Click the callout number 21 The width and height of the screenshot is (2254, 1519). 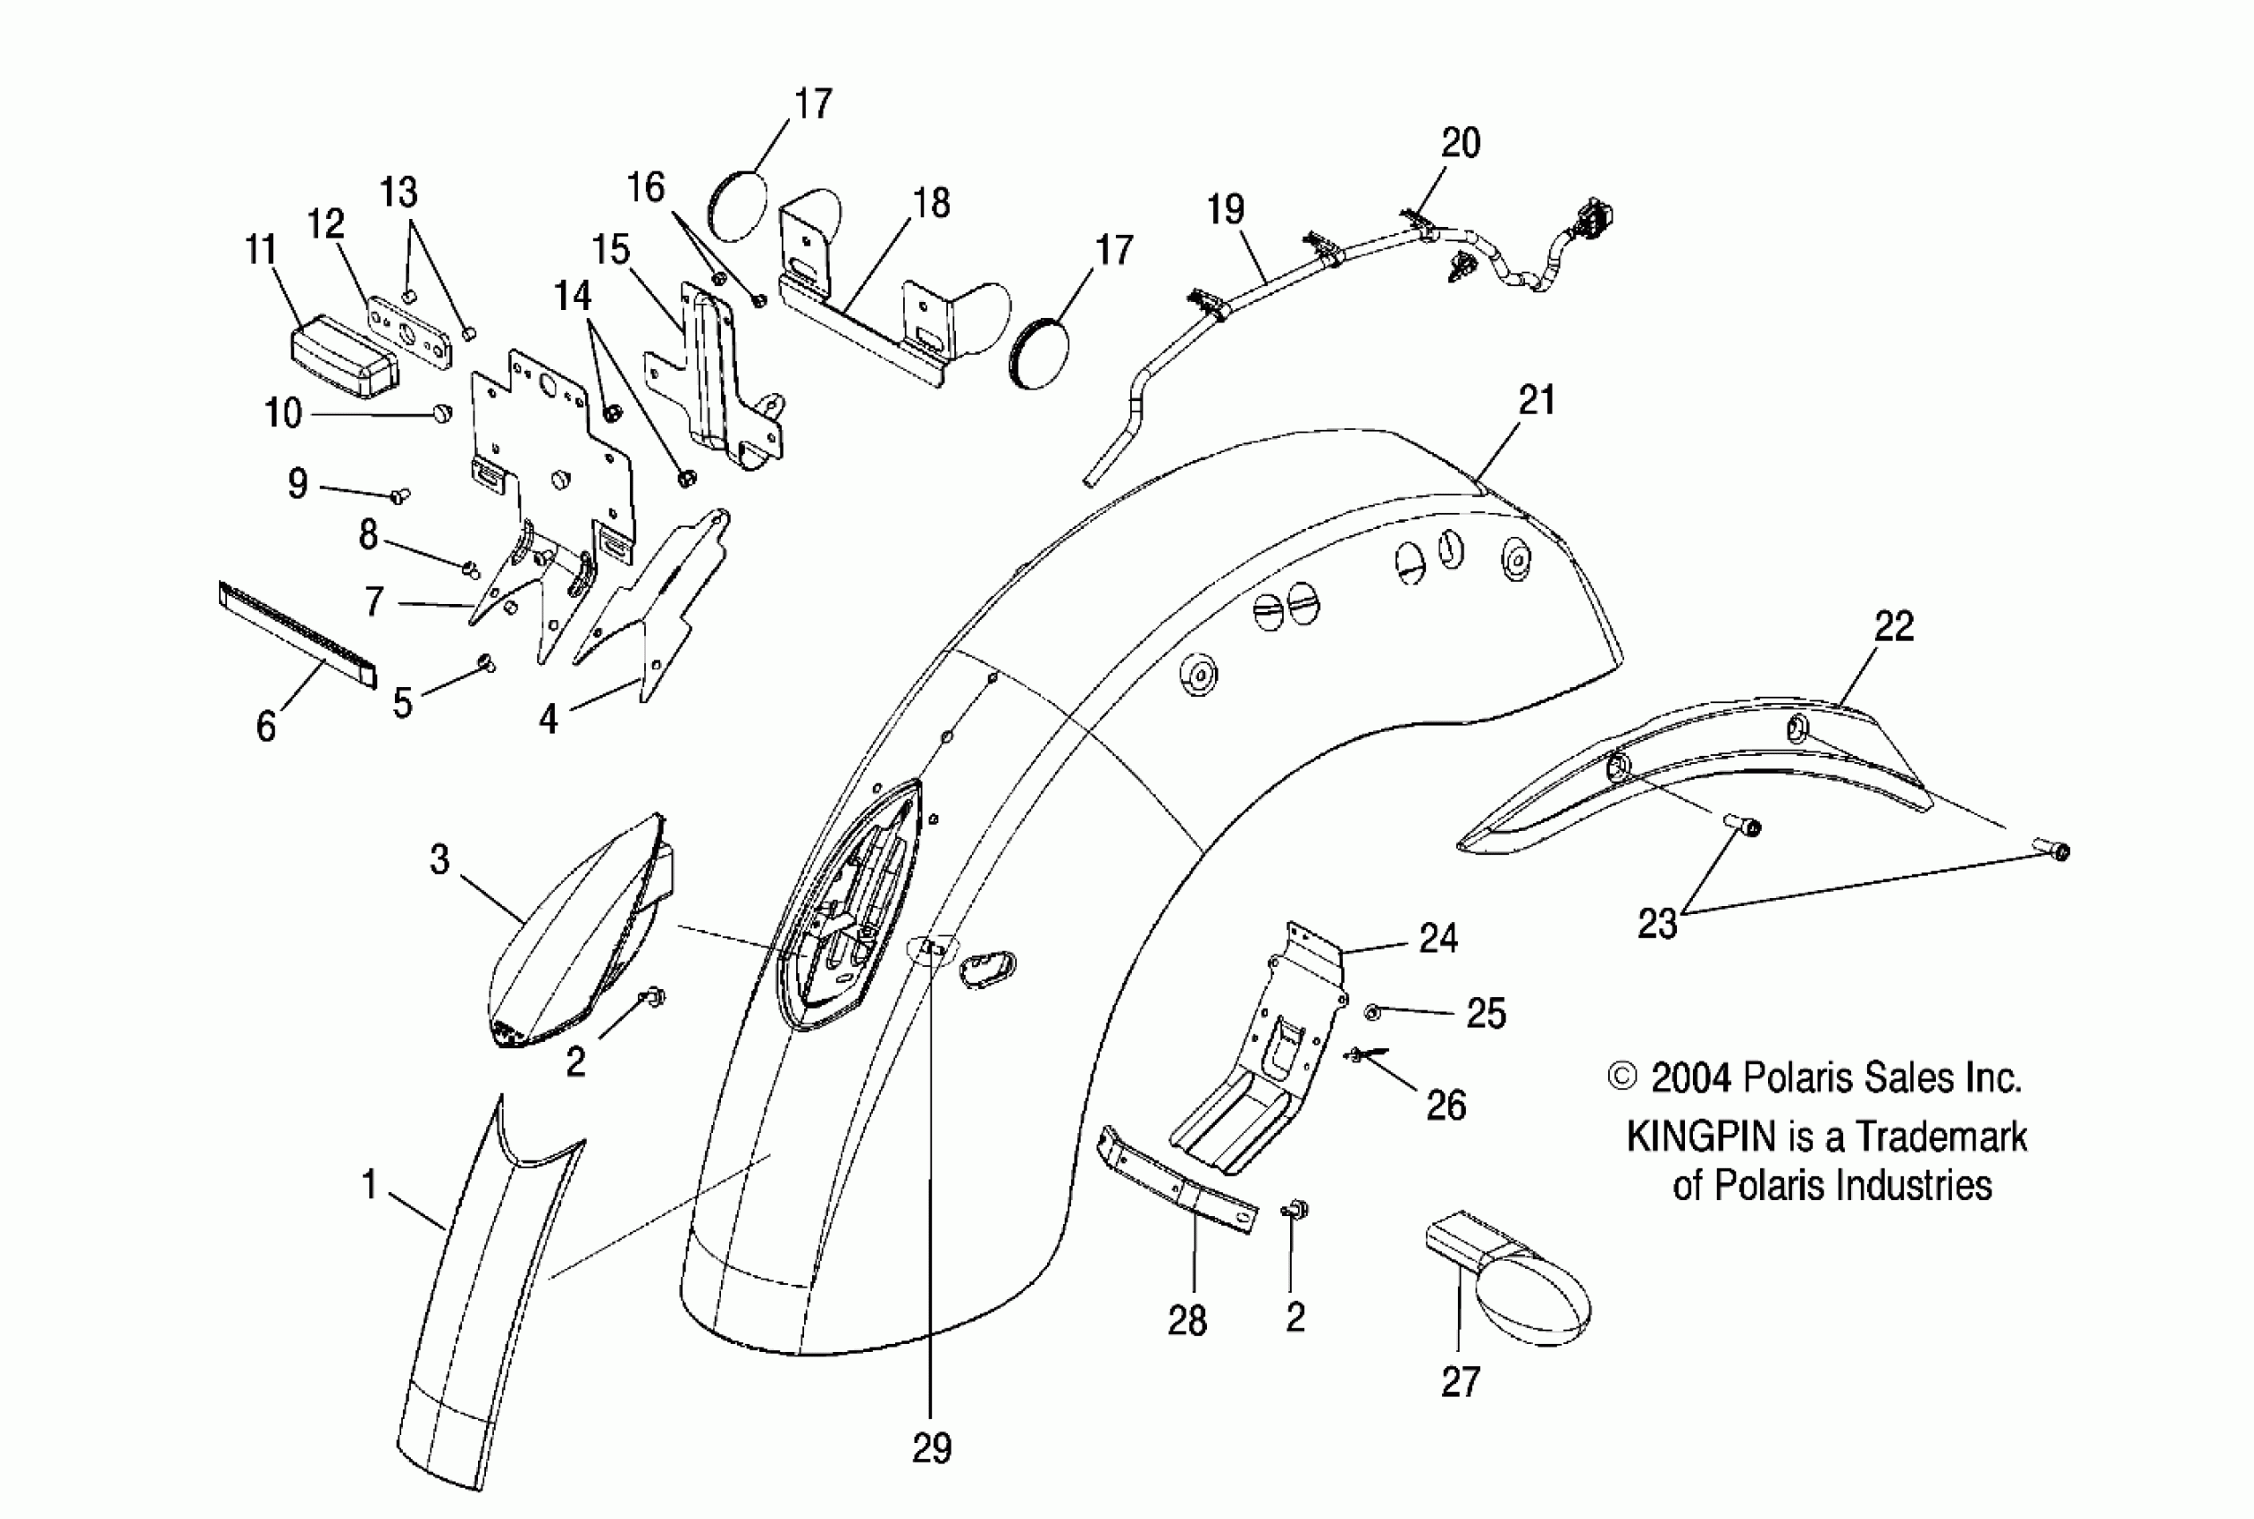tap(1537, 400)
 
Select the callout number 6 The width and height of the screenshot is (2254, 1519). tap(266, 726)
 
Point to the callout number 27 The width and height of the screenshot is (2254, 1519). tap(1461, 1382)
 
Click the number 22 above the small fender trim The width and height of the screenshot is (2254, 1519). tap(1894, 626)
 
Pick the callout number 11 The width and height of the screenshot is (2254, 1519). tap(262, 250)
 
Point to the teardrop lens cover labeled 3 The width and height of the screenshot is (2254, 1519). tap(572, 930)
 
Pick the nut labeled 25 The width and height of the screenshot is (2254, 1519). tap(1372, 1012)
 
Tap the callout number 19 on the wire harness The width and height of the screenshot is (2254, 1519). tap(1226, 209)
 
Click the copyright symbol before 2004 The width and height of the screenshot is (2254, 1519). tap(1621, 1078)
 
